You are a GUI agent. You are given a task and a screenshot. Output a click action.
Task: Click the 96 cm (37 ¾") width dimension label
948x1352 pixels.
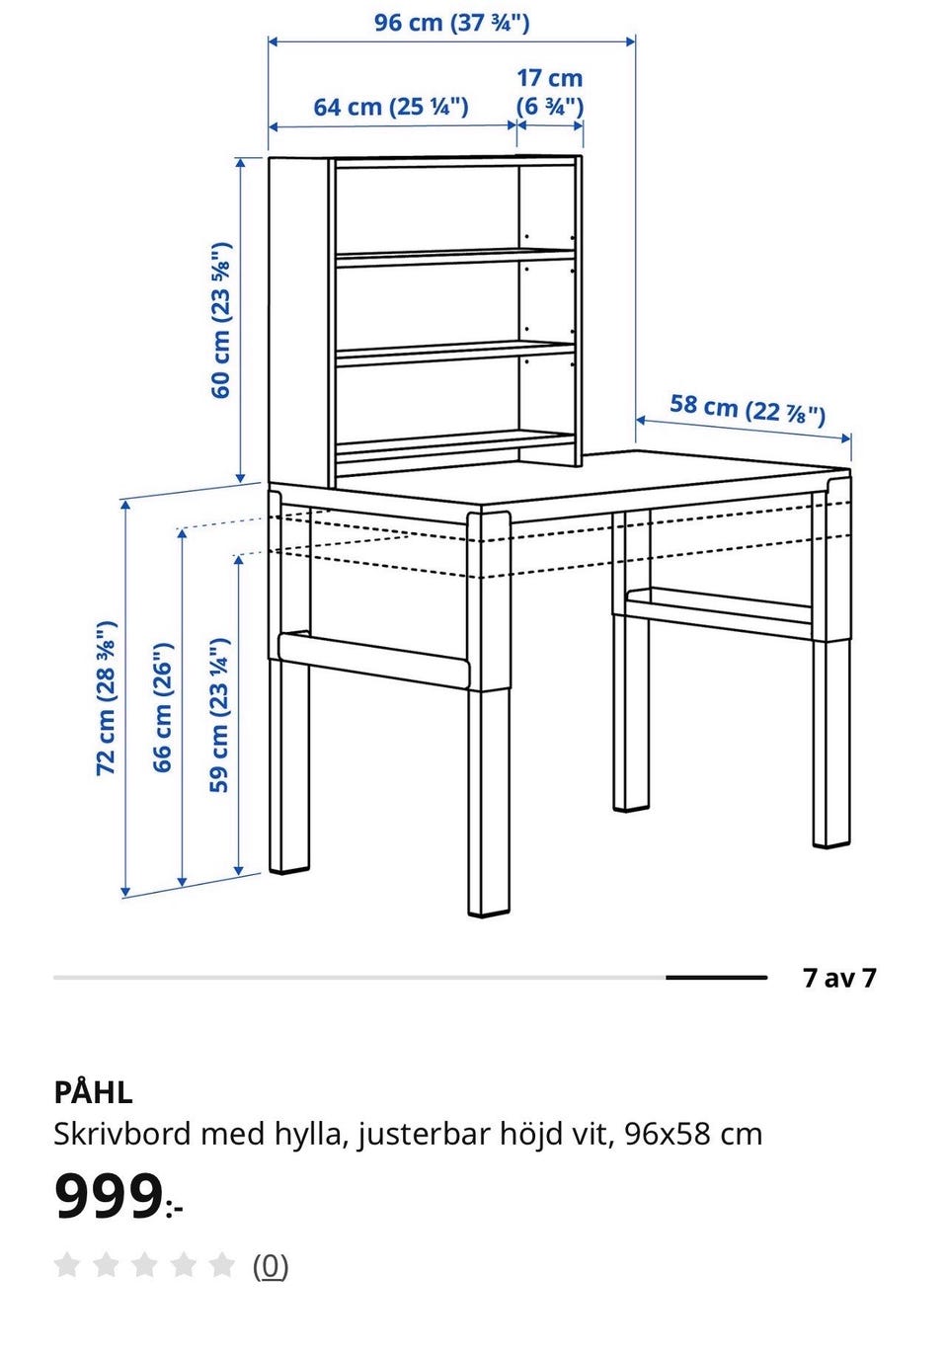(451, 23)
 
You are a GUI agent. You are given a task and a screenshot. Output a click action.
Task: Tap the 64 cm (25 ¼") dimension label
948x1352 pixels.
(390, 107)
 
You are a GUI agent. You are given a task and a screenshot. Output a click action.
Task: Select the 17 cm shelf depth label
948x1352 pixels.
(549, 93)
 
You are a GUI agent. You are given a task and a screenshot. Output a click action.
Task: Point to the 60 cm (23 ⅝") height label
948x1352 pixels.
(221, 319)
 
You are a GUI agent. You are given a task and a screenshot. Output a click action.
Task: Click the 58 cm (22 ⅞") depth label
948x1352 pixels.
(748, 411)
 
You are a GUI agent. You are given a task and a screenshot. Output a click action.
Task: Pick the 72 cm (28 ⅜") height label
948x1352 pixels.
(107, 698)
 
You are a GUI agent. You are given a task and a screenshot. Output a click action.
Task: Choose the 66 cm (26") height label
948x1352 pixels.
(163, 707)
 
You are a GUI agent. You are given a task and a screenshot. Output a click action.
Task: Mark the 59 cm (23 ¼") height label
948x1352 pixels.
(219, 715)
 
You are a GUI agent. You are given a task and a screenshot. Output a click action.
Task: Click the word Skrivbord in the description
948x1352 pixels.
(122, 1134)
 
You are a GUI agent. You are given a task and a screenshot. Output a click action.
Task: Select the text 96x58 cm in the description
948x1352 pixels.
(693, 1134)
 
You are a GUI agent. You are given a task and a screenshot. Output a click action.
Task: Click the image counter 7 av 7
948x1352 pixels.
(838, 978)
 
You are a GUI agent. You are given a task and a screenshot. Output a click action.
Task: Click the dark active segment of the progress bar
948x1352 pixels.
(716, 977)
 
